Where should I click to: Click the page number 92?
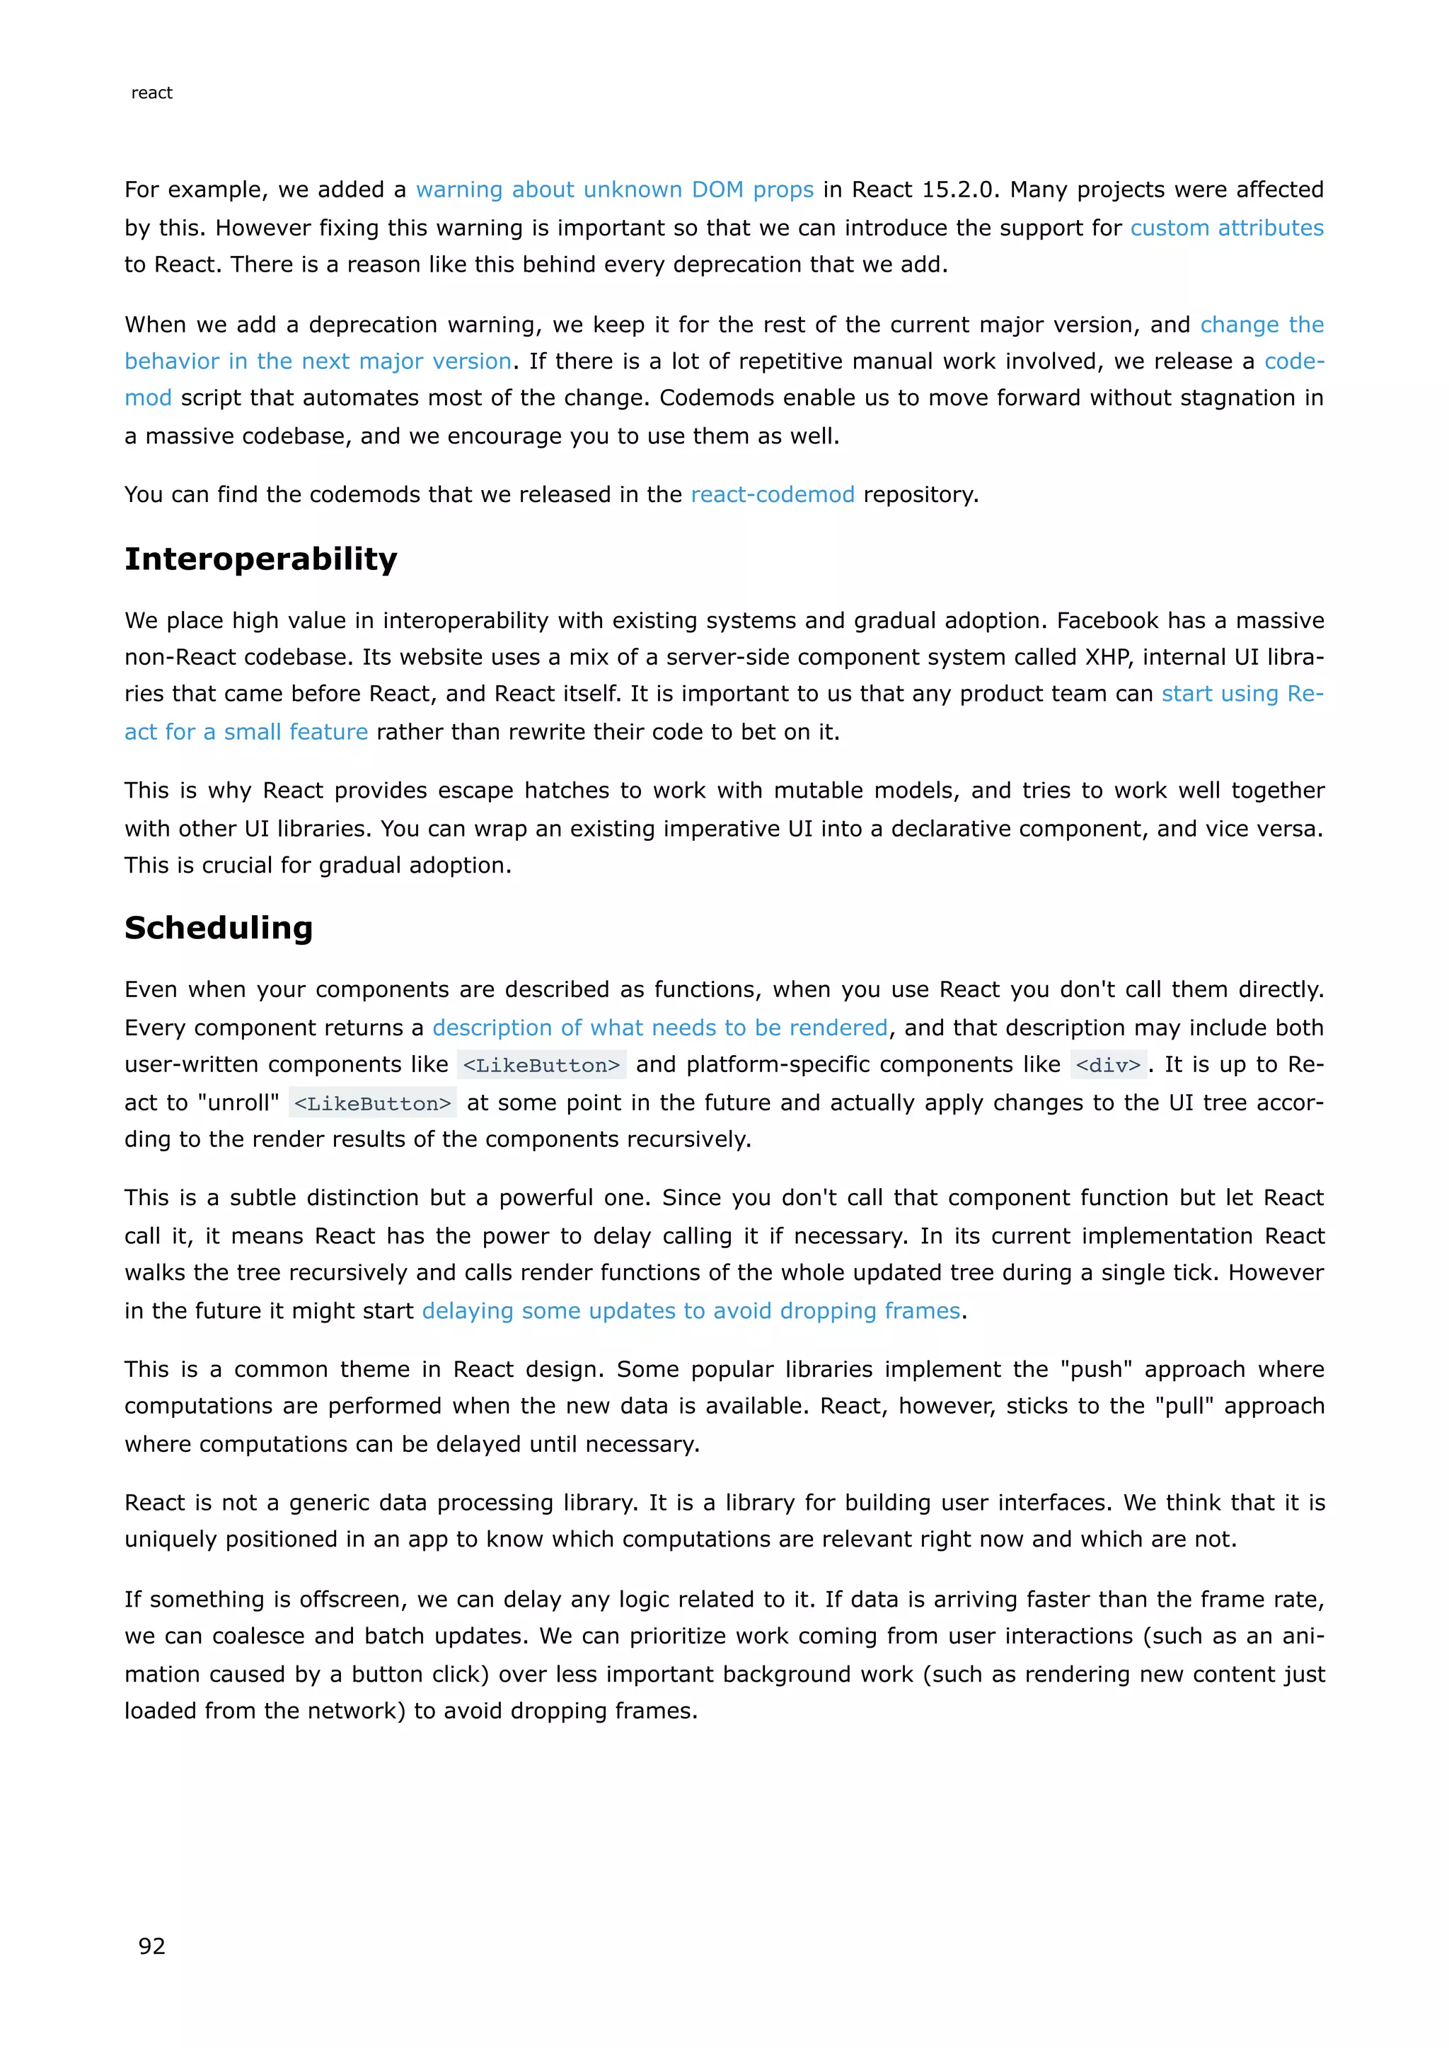click(x=151, y=1945)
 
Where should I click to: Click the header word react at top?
click(x=151, y=93)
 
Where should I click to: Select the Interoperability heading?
click(x=260, y=559)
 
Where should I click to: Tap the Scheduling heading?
click(x=219, y=928)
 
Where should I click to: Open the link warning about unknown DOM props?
click(x=614, y=190)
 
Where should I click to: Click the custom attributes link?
click(x=1226, y=228)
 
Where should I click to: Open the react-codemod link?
click(x=772, y=495)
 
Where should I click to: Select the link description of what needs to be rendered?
click(x=659, y=1028)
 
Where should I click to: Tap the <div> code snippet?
click(x=1107, y=1065)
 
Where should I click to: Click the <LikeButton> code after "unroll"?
click(x=372, y=1103)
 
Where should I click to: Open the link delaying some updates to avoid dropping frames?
click(x=691, y=1310)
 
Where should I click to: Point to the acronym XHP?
click(x=1107, y=658)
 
